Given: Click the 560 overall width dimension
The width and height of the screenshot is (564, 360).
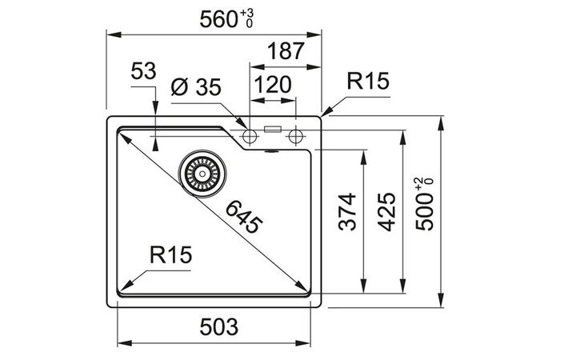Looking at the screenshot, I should click(217, 18).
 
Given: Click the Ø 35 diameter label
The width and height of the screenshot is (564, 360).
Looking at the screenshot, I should click(195, 87).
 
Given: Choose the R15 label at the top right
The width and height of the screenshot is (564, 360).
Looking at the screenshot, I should click(367, 81).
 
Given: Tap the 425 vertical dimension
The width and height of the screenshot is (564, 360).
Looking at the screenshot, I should click(386, 212).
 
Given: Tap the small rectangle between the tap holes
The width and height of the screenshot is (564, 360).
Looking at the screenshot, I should click(274, 128).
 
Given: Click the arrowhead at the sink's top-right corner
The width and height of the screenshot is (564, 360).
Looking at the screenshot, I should click(326, 110).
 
